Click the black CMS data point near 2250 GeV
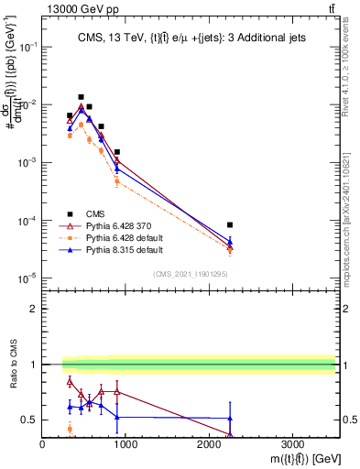[x=230, y=225]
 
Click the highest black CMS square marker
[x=81, y=97]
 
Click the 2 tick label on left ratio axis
[x=34, y=309]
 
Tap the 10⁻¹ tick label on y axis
[x=27, y=48]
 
